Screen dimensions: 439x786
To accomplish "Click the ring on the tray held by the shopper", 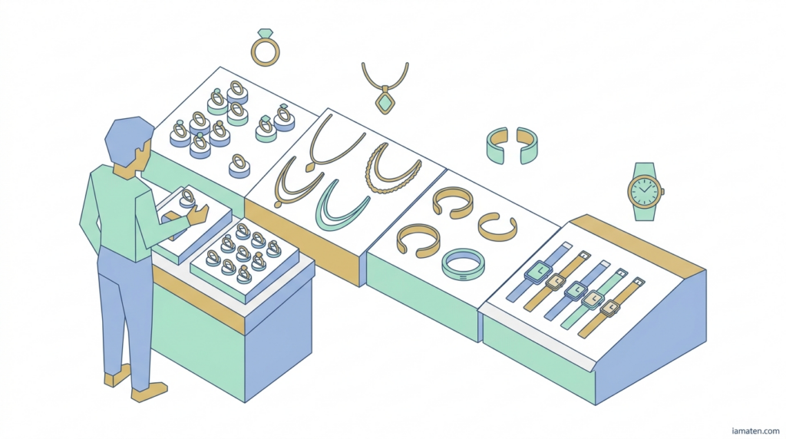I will pos(187,200).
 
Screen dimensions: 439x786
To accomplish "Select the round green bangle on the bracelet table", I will pos(463,265).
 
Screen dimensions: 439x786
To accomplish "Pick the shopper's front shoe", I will pos(148,392).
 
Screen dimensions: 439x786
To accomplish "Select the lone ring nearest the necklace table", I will pos(239,164).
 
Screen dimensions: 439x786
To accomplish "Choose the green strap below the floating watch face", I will pos(645,214).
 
